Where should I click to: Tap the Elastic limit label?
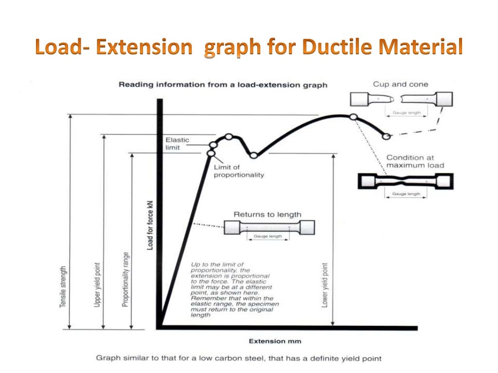click(x=177, y=144)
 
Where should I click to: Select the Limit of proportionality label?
click(x=239, y=171)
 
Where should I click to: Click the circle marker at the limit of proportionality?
click(x=211, y=153)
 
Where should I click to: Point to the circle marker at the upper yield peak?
click(x=229, y=137)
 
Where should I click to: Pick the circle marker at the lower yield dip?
click(x=253, y=155)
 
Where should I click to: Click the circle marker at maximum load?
click(x=354, y=117)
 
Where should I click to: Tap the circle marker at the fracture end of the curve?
click(x=386, y=137)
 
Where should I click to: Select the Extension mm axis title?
click(x=274, y=341)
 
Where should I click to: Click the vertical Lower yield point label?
click(x=324, y=285)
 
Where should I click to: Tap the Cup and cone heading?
click(x=400, y=84)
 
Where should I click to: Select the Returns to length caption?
click(x=267, y=214)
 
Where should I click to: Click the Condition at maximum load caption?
click(x=415, y=161)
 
